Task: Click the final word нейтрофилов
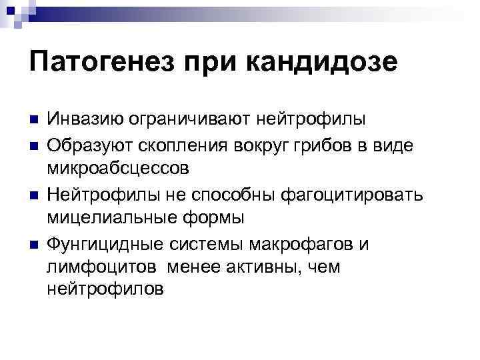pos(105,290)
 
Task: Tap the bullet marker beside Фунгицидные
pos(34,243)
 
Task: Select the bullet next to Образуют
pos(34,145)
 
